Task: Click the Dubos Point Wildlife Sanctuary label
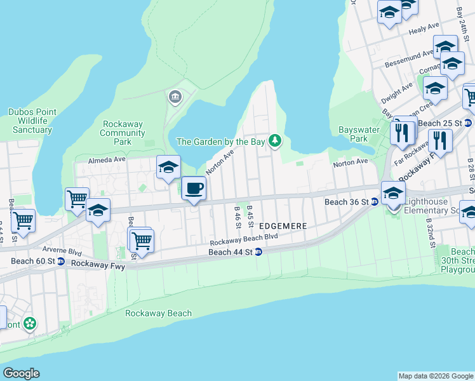30,121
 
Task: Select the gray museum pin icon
174,97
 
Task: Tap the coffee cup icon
194,189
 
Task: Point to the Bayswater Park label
354,134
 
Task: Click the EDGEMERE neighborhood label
283,226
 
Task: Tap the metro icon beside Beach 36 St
375,202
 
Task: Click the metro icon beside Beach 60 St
60,261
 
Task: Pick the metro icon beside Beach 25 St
468,123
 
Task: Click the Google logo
21,373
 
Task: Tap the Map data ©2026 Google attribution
436,376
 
